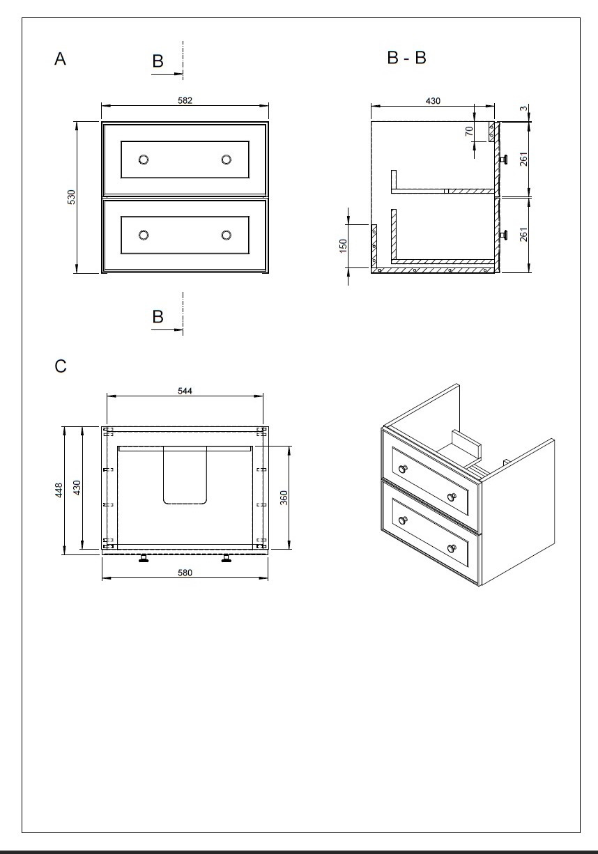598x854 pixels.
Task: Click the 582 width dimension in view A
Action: [185, 100]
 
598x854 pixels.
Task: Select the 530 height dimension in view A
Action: [71, 197]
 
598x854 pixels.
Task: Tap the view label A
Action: [61, 59]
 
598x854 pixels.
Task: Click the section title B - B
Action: [406, 58]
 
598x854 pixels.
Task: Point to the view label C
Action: [61, 366]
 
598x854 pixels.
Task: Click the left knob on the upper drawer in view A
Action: [144, 160]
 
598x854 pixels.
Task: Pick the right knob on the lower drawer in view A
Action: [227, 235]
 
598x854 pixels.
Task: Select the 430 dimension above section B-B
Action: [432, 101]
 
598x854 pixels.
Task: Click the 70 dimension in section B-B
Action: [469, 130]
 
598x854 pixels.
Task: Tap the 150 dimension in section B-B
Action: [343, 246]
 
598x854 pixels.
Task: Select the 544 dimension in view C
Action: [185, 391]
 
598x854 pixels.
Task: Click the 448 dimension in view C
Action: [60, 490]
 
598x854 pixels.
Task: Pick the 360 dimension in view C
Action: [284, 497]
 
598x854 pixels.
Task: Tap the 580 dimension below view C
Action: [185, 573]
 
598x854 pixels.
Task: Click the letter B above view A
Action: [158, 61]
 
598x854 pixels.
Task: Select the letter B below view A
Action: [158, 317]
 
